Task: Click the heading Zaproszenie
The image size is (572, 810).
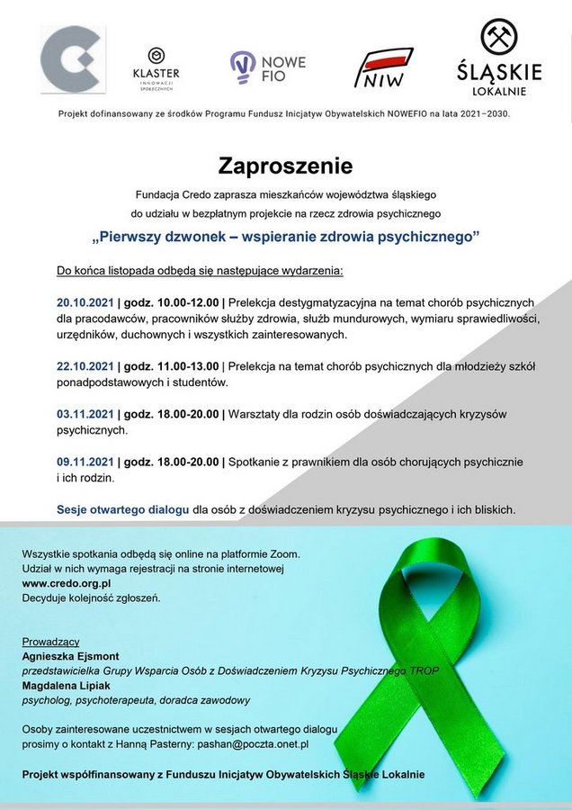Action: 285,166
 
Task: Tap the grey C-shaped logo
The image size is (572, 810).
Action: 72,59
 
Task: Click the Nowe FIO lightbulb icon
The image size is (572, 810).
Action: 242,66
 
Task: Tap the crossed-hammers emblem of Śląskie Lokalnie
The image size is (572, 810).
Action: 499,38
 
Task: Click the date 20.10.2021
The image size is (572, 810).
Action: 85,301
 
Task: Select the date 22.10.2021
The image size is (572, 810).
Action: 85,366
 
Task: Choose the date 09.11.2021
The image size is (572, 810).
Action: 85,462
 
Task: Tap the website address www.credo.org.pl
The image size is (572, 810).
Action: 67,583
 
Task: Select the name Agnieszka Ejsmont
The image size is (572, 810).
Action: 71,656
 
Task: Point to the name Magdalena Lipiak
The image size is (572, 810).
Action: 66,685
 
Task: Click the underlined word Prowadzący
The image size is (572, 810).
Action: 51,642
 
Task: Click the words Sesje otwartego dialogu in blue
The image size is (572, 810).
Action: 122,509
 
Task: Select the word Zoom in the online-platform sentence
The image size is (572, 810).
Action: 282,553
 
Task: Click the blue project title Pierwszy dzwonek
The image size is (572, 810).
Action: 285,238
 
